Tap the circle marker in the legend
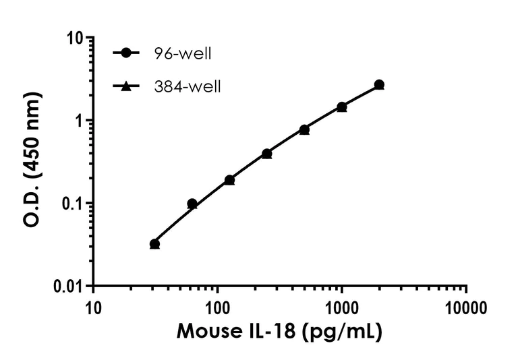[x=125, y=53]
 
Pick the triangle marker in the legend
[x=125, y=86]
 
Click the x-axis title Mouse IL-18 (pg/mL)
[x=280, y=332]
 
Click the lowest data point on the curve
[x=154, y=244]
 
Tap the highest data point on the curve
[x=379, y=85]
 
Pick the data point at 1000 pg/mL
[x=342, y=107]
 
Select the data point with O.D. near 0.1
[x=192, y=204]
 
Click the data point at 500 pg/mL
[x=304, y=129]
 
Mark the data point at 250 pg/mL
[x=267, y=154]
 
